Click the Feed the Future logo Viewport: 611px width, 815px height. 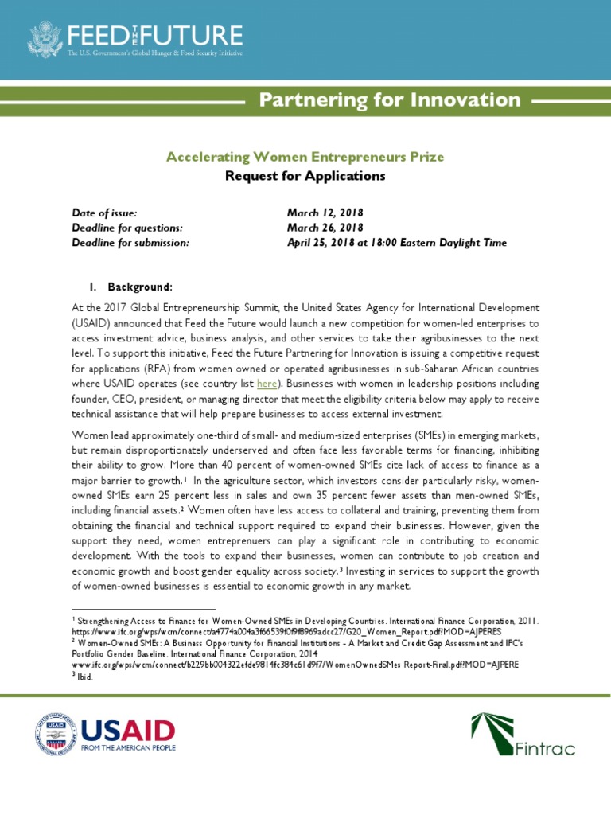[135, 40]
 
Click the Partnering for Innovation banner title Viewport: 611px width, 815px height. [391, 100]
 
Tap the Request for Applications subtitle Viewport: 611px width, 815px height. [305, 175]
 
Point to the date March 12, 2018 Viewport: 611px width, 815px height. [325, 213]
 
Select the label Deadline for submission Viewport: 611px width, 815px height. [130, 243]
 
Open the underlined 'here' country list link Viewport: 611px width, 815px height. [267, 384]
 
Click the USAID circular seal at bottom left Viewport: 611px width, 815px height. [53, 734]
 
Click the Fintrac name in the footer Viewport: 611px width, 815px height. [545, 748]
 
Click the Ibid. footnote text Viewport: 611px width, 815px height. [83, 677]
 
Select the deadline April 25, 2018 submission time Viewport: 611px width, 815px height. [396, 243]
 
